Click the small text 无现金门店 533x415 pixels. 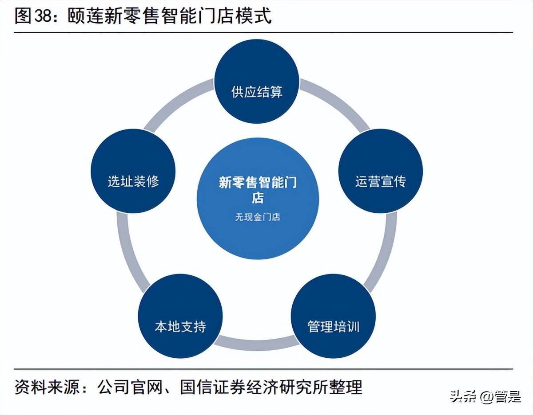258,217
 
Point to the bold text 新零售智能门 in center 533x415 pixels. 258,182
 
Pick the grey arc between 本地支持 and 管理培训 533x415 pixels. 257,343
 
